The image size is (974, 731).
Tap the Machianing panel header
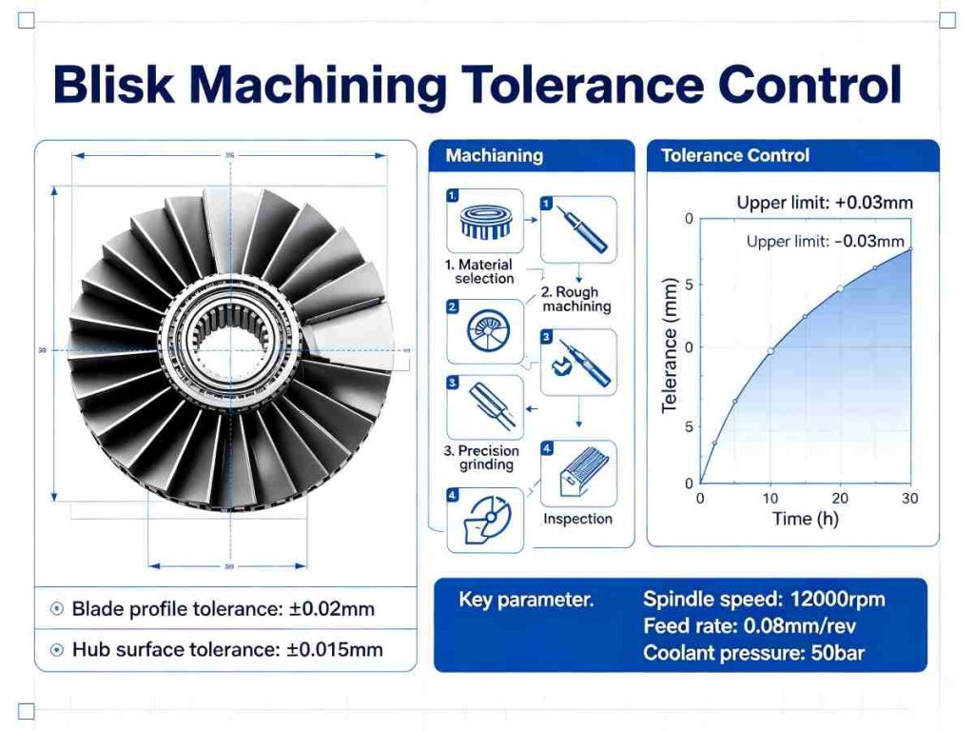pyautogui.click(x=495, y=155)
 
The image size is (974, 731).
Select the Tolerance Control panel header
pyautogui.click(x=735, y=155)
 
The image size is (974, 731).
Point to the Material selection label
pyautogui.click(x=484, y=271)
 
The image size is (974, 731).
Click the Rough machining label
pyautogui.click(x=576, y=300)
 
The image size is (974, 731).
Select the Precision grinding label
pyautogui.click(x=486, y=458)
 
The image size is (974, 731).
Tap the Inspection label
pyautogui.click(x=577, y=519)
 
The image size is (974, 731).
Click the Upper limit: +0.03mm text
pyautogui.click(x=825, y=203)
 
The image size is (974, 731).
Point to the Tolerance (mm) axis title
pyautogui.click(x=670, y=346)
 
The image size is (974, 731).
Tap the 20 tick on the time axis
pyautogui.click(x=840, y=499)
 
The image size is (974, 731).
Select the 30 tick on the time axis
pyautogui.click(x=911, y=499)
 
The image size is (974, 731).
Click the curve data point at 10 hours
pyautogui.click(x=770, y=351)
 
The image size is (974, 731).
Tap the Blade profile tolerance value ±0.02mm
pyautogui.click(x=332, y=609)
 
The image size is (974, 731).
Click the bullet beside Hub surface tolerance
pyautogui.click(x=56, y=650)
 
